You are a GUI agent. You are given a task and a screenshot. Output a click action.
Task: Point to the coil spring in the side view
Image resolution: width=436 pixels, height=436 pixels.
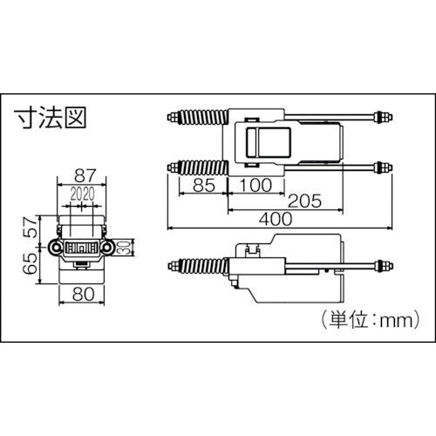point(202,263)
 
